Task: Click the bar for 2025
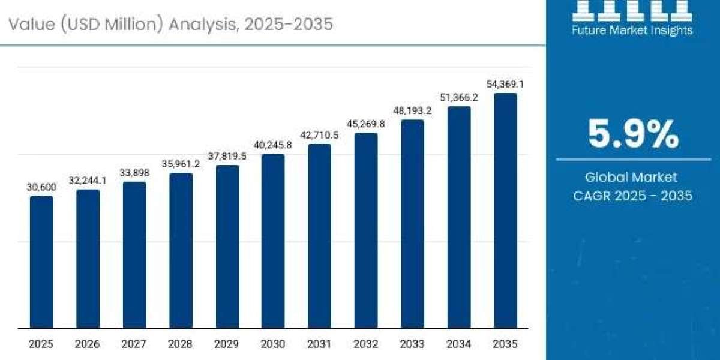point(41,262)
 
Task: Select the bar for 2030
point(273,241)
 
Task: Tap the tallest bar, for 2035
point(505,211)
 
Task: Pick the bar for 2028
point(181,251)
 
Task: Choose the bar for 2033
point(412,224)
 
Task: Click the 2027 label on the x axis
point(134,344)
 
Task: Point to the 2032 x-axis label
point(366,344)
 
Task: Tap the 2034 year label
point(459,344)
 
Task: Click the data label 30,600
point(41,187)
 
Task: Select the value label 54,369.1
point(505,84)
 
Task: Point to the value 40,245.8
point(273,145)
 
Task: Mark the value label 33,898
point(134,173)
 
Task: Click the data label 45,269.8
point(366,124)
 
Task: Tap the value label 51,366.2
point(459,97)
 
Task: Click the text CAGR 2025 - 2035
point(633,196)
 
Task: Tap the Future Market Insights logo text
point(633,29)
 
